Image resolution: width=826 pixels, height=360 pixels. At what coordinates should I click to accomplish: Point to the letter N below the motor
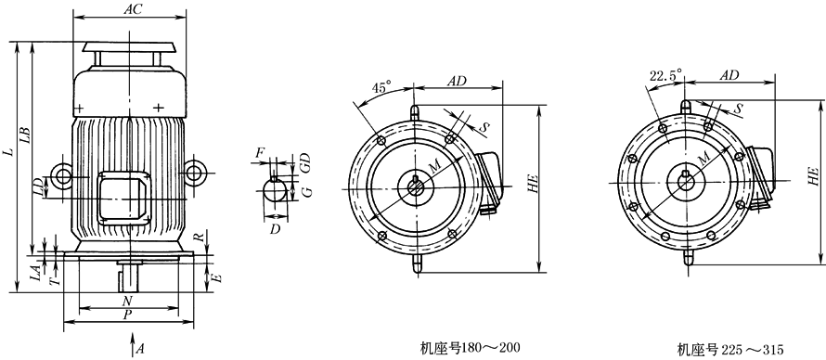pos(127,301)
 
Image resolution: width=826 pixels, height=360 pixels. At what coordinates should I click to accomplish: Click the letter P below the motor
pos(127,315)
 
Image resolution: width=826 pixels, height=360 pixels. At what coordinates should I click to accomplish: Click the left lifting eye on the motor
pos(63,174)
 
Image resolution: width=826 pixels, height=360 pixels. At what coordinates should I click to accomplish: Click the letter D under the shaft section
pos(275,229)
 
